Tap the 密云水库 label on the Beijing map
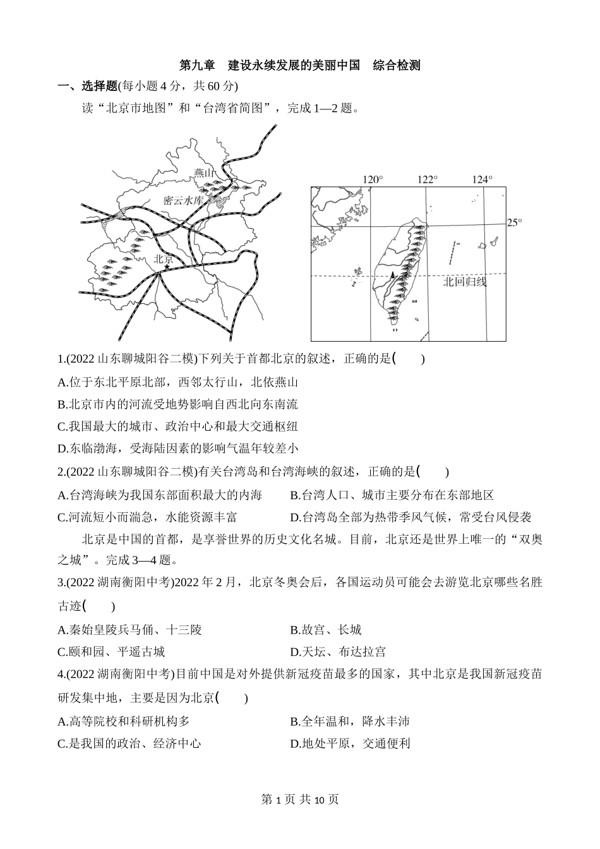click(x=183, y=200)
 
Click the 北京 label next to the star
click(x=164, y=258)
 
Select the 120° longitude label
click(x=373, y=179)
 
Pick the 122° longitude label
click(x=428, y=179)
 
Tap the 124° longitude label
click(x=483, y=179)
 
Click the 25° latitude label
click(x=515, y=222)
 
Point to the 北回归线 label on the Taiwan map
click(x=465, y=282)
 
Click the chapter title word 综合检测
click(x=397, y=65)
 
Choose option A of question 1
click(x=177, y=382)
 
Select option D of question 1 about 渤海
click(x=177, y=449)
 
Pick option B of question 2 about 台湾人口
click(x=392, y=495)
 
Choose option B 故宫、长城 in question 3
click(x=326, y=629)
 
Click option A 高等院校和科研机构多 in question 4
click(x=123, y=721)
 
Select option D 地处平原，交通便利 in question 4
click(x=350, y=744)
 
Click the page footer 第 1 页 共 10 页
click(x=300, y=800)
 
